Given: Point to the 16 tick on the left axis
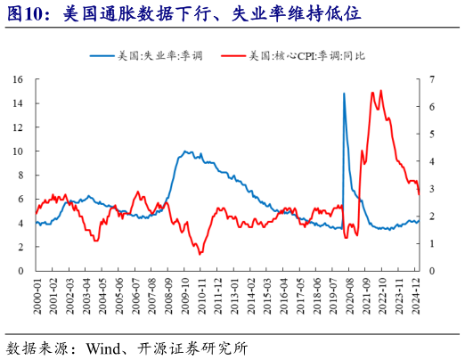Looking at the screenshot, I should tap(18, 79).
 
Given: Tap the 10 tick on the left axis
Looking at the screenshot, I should tap(18, 151).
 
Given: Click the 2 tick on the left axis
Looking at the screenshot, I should tap(21, 247).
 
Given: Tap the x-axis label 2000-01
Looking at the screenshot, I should tap(36, 292).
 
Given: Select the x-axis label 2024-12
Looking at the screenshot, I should tap(416, 292).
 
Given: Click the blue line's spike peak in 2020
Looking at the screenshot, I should tap(344, 93).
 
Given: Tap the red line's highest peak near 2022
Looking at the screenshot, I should tap(381, 90).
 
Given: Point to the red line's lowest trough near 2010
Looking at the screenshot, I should tap(200, 254).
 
